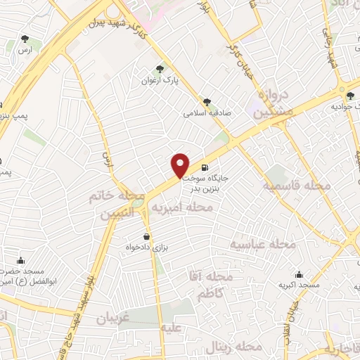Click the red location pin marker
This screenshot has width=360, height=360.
click(x=181, y=165)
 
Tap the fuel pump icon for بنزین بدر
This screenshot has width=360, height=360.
click(x=204, y=168)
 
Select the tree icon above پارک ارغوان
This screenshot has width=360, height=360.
click(x=160, y=69)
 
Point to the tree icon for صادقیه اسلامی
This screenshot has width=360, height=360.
click(x=206, y=101)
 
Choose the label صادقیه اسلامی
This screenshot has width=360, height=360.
click(x=207, y=112)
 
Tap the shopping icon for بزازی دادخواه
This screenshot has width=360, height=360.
click(x=146, y=237)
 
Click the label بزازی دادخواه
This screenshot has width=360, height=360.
click(x=148, y=248)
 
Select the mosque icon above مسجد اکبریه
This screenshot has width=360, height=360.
click(x=300, y=275)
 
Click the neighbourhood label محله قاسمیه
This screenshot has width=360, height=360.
click(x=296, y=186)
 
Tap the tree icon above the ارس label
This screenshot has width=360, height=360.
click(x=25, y=39)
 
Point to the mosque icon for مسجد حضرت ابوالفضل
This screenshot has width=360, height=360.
click(x=20, y=260)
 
